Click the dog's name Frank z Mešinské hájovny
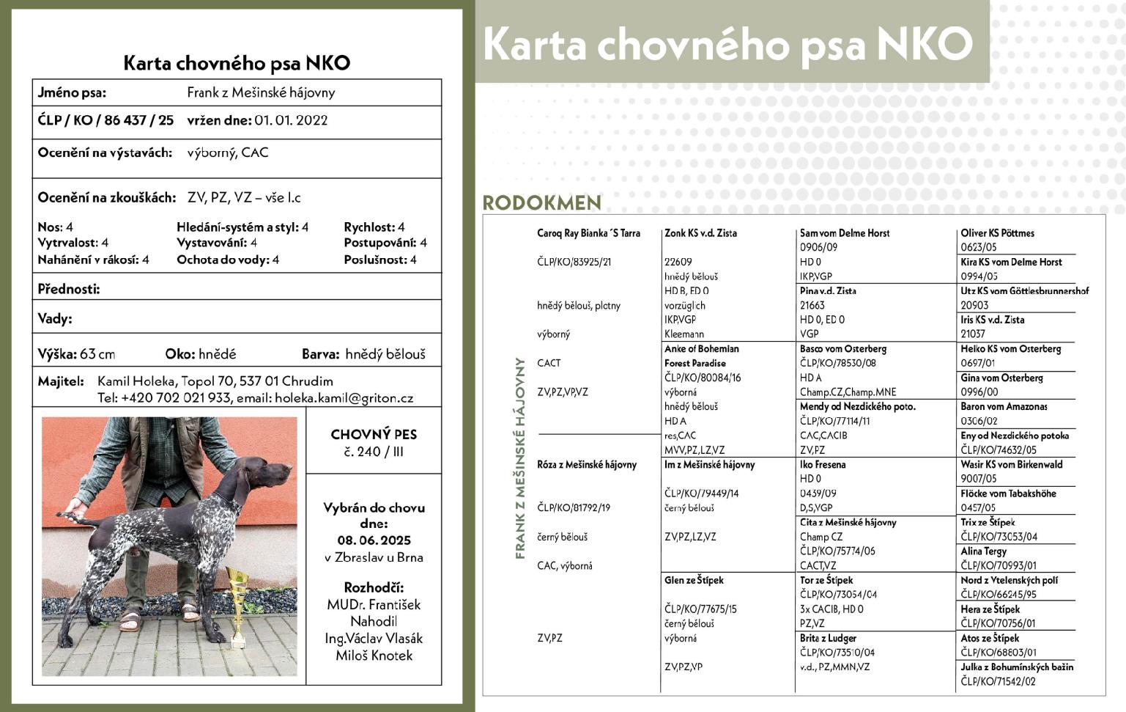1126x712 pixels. point(261,92)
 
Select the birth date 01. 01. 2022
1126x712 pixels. point(291,120)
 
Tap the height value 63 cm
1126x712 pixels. point(97,354)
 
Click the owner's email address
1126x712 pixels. point(344,398)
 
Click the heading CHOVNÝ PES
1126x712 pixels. point(374,434)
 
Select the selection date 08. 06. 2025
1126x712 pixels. point(374,540)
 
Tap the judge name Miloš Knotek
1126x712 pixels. point(374,656)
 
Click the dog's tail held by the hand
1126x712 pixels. point(84,514)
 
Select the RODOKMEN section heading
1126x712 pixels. point(541,202)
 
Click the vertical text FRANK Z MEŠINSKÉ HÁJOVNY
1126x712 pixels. point(521,458)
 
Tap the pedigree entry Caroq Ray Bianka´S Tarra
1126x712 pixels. point(588,233)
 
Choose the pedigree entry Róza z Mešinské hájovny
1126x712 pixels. point(587,464)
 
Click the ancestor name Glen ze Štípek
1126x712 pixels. point(694,580)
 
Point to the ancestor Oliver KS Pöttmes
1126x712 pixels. point(997,233)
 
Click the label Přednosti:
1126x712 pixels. point(69,289)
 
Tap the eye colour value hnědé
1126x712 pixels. point(218,354)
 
